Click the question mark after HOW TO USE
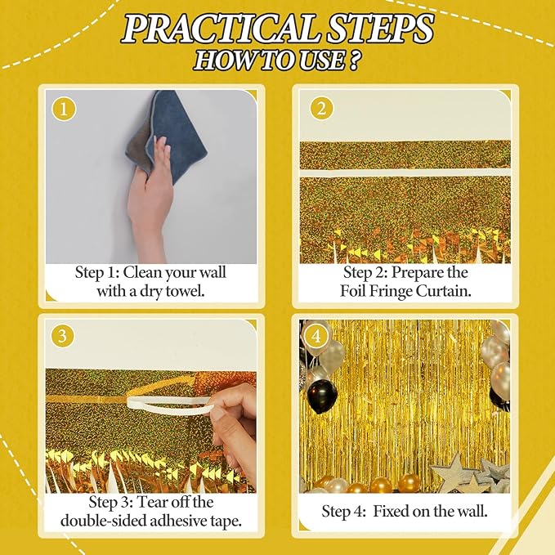tap(353, 60)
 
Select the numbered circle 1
tap(64, 110)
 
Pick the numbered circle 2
tap(321, 109)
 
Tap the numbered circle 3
tap(62, 335)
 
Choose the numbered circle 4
tap(316, 335)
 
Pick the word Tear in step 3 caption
tap(151, 502)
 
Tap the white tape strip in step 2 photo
tap(405, 173)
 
